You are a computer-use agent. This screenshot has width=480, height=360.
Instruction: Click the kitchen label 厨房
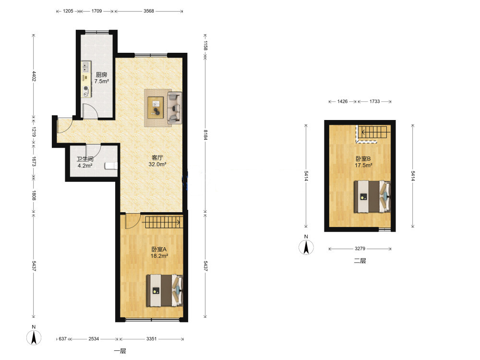[101, 74]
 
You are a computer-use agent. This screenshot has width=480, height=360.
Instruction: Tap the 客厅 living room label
[157, 157]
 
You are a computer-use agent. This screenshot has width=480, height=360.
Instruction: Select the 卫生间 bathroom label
[85, 159]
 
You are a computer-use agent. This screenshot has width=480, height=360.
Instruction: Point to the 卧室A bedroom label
[159, 250]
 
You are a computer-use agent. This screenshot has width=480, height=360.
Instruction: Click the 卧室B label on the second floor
[363, 158]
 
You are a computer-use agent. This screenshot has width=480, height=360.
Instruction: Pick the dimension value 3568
[149, 11]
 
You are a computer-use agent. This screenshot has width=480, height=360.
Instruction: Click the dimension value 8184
[206, 135]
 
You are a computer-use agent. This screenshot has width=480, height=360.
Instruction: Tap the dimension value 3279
[360, 249]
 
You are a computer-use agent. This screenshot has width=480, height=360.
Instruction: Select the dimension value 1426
[343, 101]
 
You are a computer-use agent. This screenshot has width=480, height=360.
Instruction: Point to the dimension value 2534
[94, 339]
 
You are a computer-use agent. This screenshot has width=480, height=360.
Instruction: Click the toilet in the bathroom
[111, 166]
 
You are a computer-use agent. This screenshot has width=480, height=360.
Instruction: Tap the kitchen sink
[85, 67]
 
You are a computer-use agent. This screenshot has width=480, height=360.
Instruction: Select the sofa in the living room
[175, 108]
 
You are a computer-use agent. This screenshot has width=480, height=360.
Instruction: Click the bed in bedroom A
[165, 290]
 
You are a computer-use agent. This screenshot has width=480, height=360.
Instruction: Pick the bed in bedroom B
[372, 196]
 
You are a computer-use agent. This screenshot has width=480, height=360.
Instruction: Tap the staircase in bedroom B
[372, 134]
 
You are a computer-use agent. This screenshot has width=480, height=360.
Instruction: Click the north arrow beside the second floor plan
[306, 247]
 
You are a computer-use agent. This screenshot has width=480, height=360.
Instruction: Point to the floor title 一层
[120, 351]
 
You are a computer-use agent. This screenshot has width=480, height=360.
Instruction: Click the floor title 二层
[360, 261]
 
